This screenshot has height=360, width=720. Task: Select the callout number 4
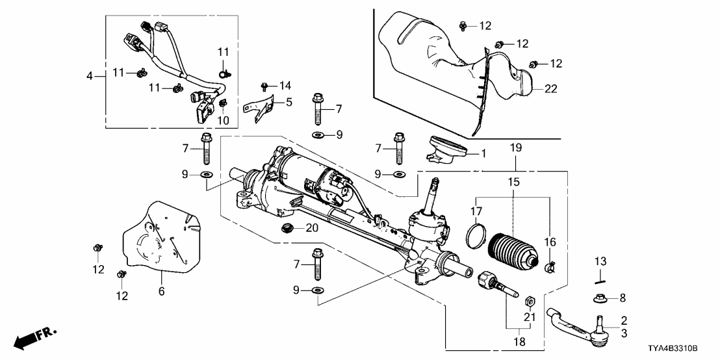(x=90, y=76)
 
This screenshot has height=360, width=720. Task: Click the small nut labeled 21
(x=529, y=301)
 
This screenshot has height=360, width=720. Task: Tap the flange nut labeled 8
(x=598, y=298)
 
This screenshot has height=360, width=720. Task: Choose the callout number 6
(x=161, y=292)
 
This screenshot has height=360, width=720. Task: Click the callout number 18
(x=519, y=340)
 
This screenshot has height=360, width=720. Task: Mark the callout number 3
(x=623, y=333)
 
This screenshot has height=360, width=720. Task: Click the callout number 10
(x=223, y=121)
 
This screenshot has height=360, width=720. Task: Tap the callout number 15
(x=513, y=183)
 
